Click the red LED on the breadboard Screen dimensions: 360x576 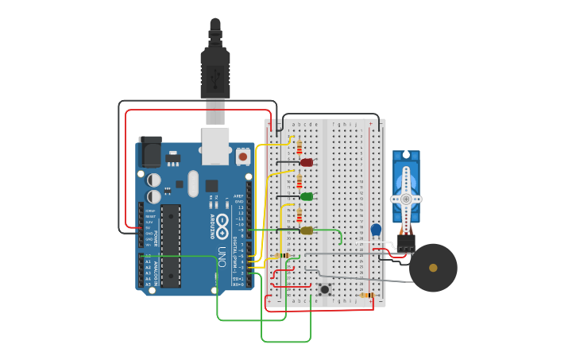(307, 162)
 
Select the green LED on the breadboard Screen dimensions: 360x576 (307, 196)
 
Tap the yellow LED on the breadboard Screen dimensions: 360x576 (307, 230)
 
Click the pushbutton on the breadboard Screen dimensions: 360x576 (324, 289)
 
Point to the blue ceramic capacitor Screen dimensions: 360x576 (376, 230)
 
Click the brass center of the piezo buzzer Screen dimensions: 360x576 (433, 268)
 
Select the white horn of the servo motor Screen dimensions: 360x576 (406, 196)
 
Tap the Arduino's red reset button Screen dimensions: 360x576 (243, 157)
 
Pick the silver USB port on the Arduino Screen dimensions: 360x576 (215, 145)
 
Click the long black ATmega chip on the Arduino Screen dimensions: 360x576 (170, 245)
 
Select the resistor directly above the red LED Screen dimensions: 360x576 (299, 147)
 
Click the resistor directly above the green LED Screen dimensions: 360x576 (299, 182)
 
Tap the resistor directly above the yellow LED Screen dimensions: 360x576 (299, 215)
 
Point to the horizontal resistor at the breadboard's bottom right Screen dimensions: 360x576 (366, 295)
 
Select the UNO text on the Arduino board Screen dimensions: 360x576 (222, 256)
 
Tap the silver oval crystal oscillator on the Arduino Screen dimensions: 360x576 (192, 184)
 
